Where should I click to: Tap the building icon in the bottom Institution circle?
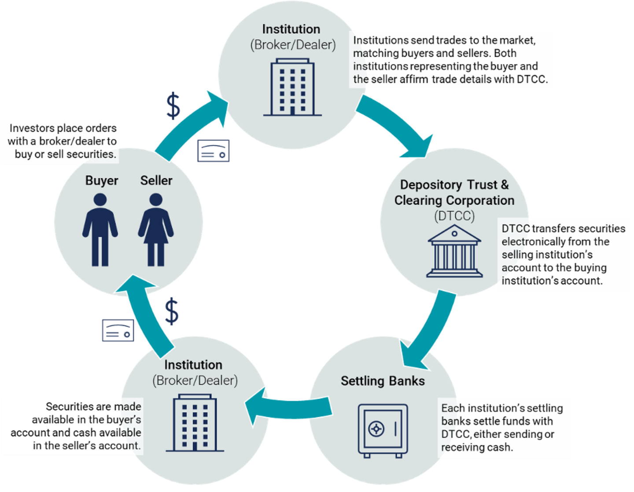(x=195, y=423)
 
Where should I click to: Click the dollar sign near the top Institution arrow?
(x=173, y=106)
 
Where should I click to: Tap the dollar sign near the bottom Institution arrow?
(x=172, y=311)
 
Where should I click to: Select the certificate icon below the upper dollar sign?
(x=214, y=151)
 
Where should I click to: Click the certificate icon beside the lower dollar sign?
(x=118, y=330)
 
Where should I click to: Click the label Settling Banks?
(x=383, y=381)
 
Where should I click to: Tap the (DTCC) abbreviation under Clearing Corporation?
(x=454, y=216)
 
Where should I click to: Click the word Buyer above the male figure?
(x=102, y=180)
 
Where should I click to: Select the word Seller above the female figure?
(x=156, y=180)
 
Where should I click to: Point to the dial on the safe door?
(x=376, y=429)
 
